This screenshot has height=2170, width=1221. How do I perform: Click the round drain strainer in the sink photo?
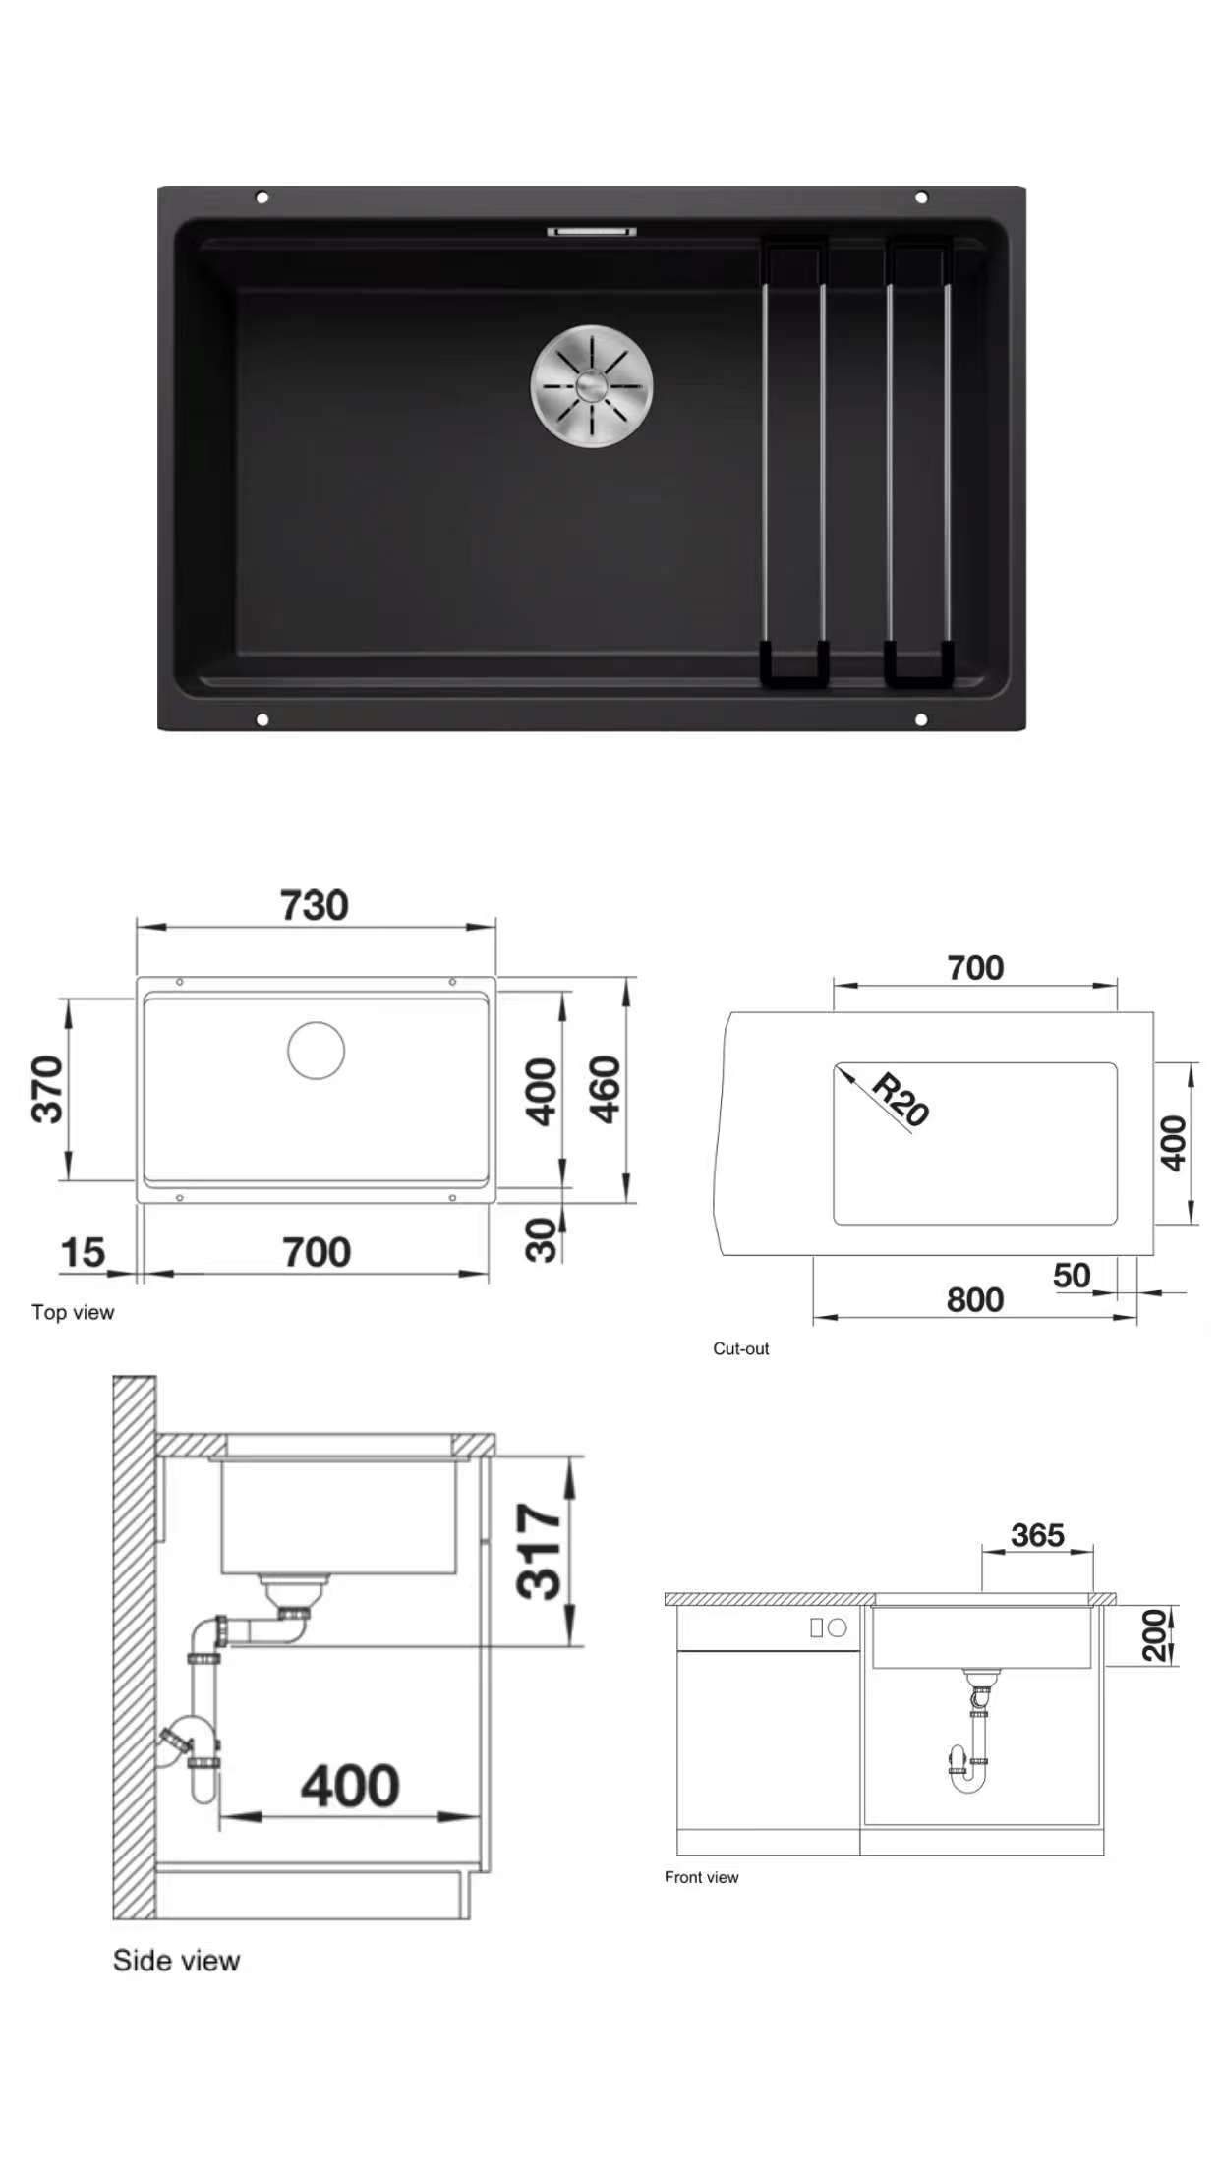(592, 386)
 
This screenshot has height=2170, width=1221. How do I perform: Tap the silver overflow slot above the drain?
(592, 232)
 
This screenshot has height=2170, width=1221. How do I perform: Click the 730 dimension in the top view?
(315, 905)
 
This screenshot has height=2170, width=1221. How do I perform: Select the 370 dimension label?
(47, 1089)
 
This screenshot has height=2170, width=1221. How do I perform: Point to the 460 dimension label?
(606, 1089)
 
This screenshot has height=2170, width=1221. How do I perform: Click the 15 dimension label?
(83, 1252)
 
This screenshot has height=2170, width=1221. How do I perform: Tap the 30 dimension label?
(542, 1239)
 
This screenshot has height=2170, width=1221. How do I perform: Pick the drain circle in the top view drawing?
(317, 1050)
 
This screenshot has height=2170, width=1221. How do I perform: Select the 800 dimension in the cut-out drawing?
(975, 1299)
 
